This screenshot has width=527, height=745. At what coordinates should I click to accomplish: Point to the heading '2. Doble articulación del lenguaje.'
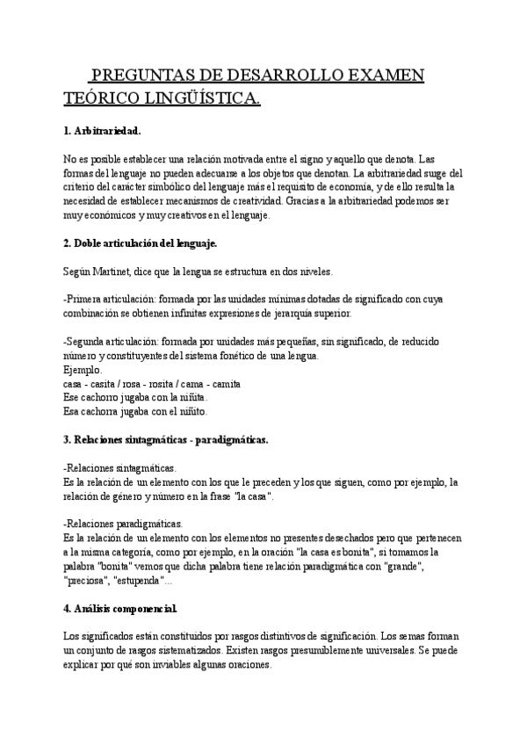click(140, 242)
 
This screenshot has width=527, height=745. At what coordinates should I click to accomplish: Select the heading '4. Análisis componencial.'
click(121, 608)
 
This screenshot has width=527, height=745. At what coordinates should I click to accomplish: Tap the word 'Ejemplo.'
click(83, 370)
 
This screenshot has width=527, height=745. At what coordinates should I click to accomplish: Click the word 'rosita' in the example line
click(178, 384)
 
